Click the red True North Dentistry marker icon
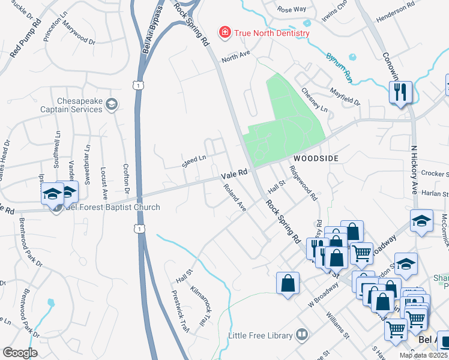point(224,32)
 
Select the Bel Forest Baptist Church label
point(112,208)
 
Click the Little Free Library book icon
point(302,334)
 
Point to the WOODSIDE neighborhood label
point(316,158)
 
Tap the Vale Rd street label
point(234,173)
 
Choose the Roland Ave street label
point(235,197)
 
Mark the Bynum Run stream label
point(339,67)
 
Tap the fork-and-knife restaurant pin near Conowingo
point(400,92)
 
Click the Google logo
point(19,352)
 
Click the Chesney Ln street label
point(315,100)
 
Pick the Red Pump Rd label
point(26,38)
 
